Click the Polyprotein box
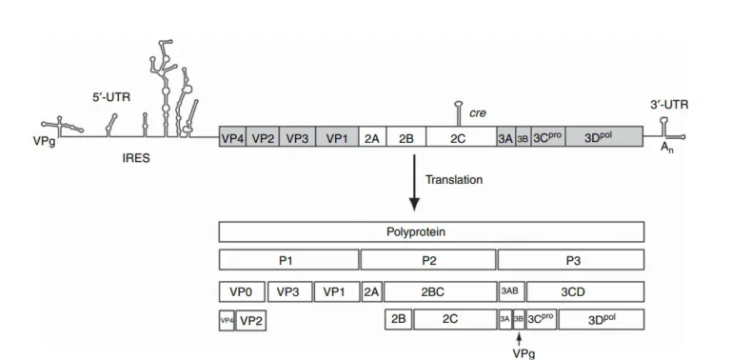point(431,231)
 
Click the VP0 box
point(241,291)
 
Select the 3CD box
point(584,291)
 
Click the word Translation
point(453,179)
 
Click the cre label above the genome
point(478,112)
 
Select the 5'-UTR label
point(109,96)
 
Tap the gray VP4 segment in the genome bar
point(232,138)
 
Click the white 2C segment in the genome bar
point(458,138)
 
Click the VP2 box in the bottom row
point(251,321)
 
